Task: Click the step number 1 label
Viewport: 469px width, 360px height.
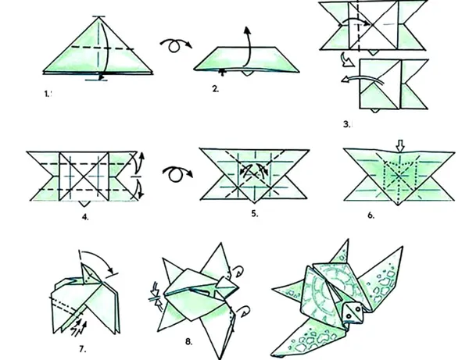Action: [47, 94]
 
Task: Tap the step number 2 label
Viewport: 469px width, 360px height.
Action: [216, 89]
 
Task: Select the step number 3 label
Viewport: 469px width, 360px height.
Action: [347, 124]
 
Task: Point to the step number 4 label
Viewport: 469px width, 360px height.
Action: [85, 217]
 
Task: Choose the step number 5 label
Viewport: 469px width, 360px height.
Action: [254, 214]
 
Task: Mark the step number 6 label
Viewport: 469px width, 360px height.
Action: [371, 216]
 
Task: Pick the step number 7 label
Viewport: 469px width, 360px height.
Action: [83, 349]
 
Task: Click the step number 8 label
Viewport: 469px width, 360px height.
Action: [188, 342]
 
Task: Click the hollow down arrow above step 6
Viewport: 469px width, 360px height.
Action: [400, 145]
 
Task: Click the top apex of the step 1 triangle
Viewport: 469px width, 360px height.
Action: [98, 18]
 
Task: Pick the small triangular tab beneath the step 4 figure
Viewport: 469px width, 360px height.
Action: [84, 204]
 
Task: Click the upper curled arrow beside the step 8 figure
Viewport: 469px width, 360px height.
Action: [238, 272]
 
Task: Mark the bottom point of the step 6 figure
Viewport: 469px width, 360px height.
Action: [398, 205]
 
